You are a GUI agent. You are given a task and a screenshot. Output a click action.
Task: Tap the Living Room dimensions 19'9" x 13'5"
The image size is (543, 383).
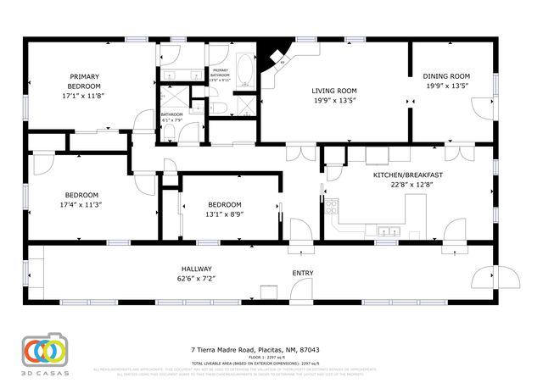[333, 100]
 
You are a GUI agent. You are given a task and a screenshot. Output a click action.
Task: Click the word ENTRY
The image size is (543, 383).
[302, 273]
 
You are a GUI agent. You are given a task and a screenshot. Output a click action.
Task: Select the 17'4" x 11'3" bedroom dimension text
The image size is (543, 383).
[81, 204]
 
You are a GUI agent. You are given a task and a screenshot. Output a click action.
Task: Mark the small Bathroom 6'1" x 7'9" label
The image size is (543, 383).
[172, 116]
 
